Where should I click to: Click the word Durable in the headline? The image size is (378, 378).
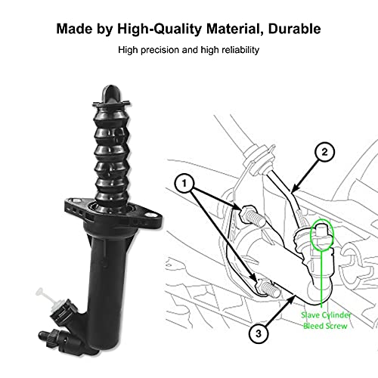(x=294, y=29)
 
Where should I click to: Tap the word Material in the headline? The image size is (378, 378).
(x=233, y=29)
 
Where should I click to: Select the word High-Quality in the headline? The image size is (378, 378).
(x=160, y=29)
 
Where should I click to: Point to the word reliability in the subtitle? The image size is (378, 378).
(x=240, y=50)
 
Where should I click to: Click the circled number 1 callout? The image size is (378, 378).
(x=184, y=183)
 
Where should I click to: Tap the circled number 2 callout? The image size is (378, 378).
(x=324, y=152)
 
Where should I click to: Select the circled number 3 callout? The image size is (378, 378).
(x=259, y=333)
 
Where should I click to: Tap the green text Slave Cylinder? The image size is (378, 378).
(x=326, y=315)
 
